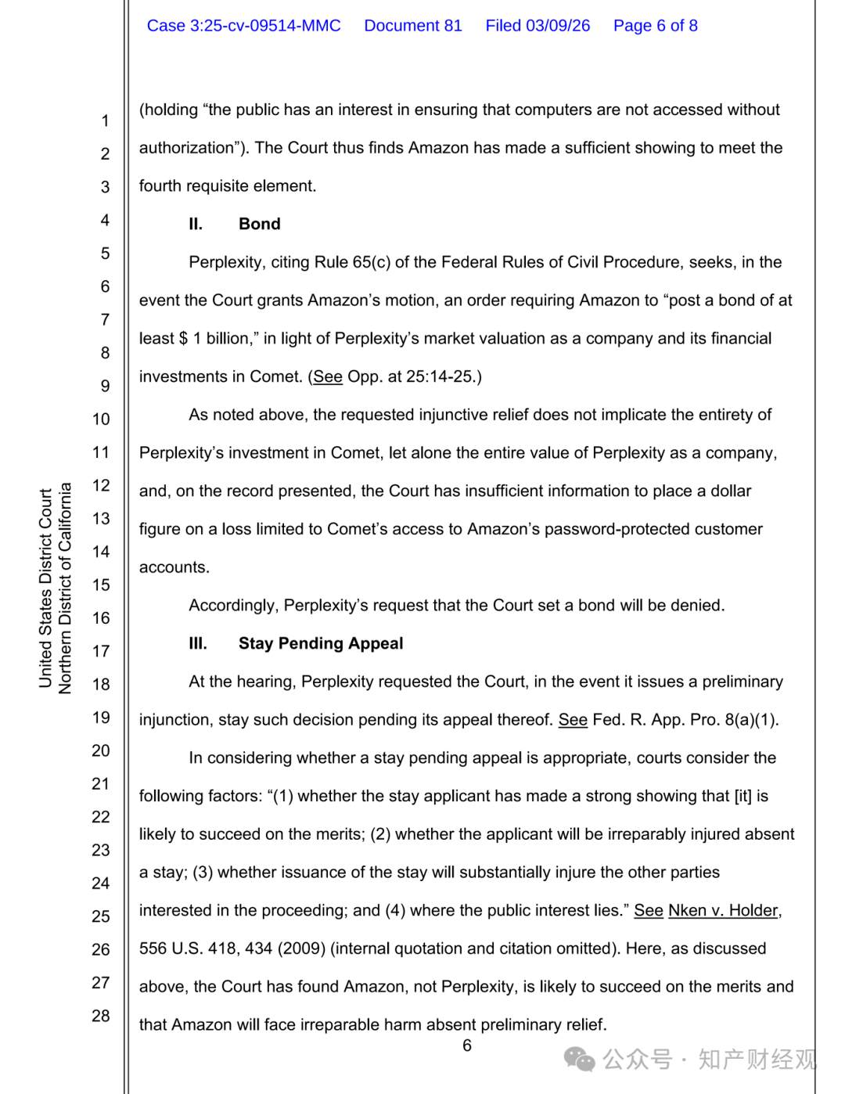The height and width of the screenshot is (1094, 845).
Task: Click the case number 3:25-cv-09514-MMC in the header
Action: coord(243,26)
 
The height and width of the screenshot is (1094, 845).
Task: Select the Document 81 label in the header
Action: coord(413,26)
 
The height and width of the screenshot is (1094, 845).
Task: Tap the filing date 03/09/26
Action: coord(558,26)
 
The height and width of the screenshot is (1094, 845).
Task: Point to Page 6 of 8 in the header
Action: coord(655,26)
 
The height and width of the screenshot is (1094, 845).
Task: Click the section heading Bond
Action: coord(259,224)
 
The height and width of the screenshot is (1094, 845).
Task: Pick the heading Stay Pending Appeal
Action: coord(321,643)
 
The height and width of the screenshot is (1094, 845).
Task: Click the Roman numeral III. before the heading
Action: coord(198,643)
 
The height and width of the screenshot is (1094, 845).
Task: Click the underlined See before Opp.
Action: coord(328,376)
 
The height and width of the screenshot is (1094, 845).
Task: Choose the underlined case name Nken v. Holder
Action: coord(723,910)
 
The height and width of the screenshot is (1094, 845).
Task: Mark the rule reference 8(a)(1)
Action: coord(750,719)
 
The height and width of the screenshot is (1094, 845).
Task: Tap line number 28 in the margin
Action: coord(101,1016)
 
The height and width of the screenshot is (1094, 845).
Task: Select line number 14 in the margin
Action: coord(101,552)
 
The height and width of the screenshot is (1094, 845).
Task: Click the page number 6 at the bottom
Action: coord(467,1045)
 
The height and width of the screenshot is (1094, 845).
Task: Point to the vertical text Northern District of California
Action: coord(65,588)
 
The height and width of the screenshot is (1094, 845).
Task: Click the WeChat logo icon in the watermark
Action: coord(580,1060)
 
